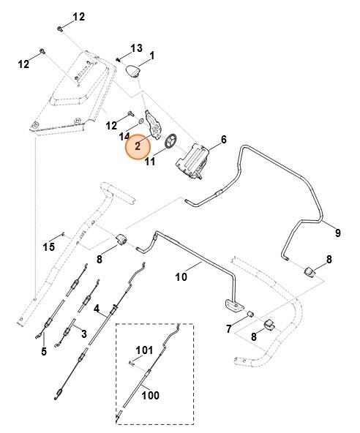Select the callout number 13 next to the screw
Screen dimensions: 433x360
coord(135,48)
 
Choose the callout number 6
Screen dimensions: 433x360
coord(223,139)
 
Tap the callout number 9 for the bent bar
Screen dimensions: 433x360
coord(337,233)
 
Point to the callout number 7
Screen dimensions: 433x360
coord(230,329)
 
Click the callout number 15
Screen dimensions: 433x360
coord(48,246)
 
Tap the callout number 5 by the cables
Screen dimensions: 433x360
coord(44,351)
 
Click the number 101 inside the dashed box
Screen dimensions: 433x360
coord(143,350)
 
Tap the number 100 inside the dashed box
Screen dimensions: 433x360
coord(150,396)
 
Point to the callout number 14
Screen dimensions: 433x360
coord(124,136)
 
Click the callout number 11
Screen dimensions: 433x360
coord(149,162)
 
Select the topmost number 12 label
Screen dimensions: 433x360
coord(78,16)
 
